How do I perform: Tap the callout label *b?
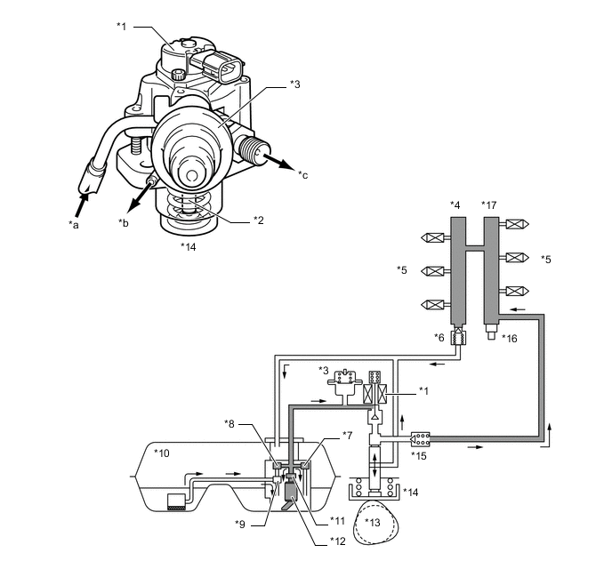pyautogui.click(x=125, y=221)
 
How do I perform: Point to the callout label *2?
pyautogui.click(x=259, y=219)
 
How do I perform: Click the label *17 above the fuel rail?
pyautogui.click(x=490, y=206)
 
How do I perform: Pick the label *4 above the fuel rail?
pyautogui.click(x=456, y=206)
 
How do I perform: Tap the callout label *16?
pyautogui.click(x=509, y=338)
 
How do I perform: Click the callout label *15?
pyautogui.click(x=418, y=456)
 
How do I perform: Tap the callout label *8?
pyautogui.click(x=229, y=422)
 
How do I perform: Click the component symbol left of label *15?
pyautogui.click(x=421, y=439)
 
